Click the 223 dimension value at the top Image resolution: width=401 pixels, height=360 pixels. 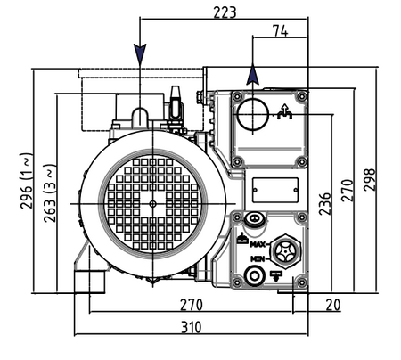tap(225, 12)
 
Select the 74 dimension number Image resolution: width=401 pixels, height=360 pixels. tap(280, 30)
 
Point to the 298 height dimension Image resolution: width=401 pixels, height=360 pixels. tap(370, 179)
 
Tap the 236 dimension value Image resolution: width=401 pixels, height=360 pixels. tap(324, 204)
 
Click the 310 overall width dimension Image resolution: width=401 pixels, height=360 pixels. tap(192, 327)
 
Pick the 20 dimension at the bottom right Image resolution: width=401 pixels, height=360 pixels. tap(332, 305)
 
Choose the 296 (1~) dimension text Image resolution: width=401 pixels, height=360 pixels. tap(26, 181)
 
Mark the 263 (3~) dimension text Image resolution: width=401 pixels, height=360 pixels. tap(50, 193)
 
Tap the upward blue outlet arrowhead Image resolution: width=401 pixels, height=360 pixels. tap(252, 74)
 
